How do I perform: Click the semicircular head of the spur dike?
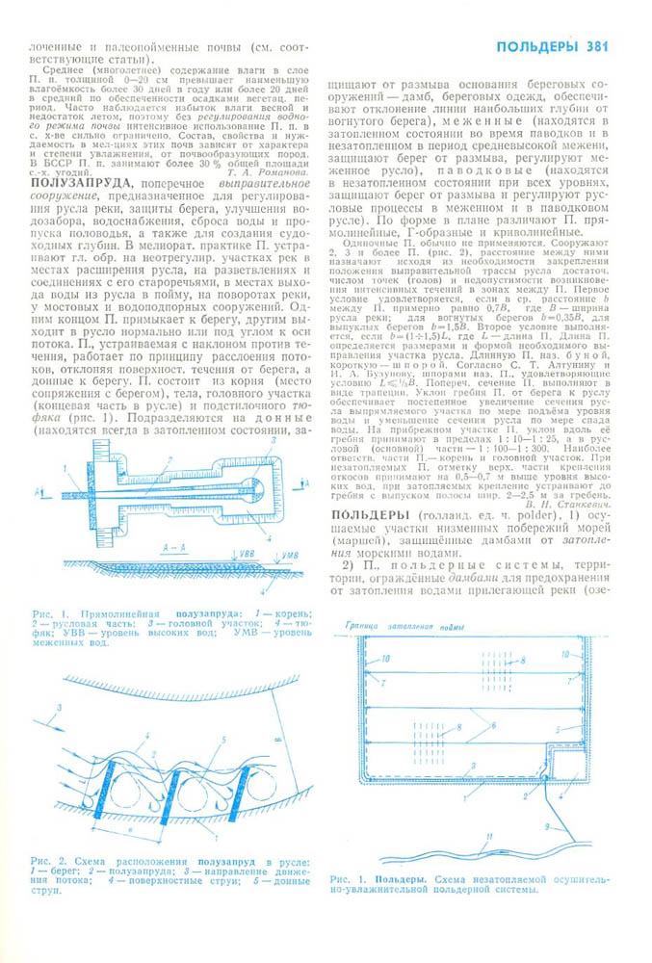coord(253,484)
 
